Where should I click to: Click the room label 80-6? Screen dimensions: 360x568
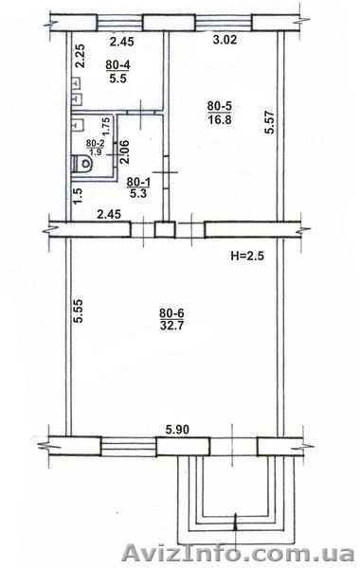pyautogui.click(x=171, y=312)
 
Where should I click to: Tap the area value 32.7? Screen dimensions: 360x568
pyautogui.click(x=171, y=325)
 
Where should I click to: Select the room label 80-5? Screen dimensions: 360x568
pyautogui.click(x=220, y=106)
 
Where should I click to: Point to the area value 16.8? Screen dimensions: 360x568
pyautogui.click(x=220, y=119)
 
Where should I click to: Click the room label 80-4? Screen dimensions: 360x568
pyautogui.click(x=118, y=65)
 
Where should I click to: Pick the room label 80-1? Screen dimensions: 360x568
pyautogui.click(x=138, y=182)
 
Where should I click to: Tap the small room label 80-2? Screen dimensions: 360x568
pyautogui.click(x=95, y=144)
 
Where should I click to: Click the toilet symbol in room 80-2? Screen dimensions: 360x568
pyautogui.click(x=82, y=164)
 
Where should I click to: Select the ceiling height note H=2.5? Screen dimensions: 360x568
pyautogui.click(x=247, y=257)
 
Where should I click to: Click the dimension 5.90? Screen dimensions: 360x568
pyautogui.click(x=177, y=430)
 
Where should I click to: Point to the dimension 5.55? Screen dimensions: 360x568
pyautogui.click(x=79, y=311)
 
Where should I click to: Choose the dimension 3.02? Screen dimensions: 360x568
pyautogui.click(x=225, y=39)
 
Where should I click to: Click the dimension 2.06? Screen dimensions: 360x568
pyautogui.click(x=125, y=152)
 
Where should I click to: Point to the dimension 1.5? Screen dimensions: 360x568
pyautogui.click(x=78, y=196)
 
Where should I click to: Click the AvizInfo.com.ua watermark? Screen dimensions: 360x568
pyautogui.click(x=238, y=554)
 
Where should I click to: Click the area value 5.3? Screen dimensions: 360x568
pyautogui.click(x=138, y=194)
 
